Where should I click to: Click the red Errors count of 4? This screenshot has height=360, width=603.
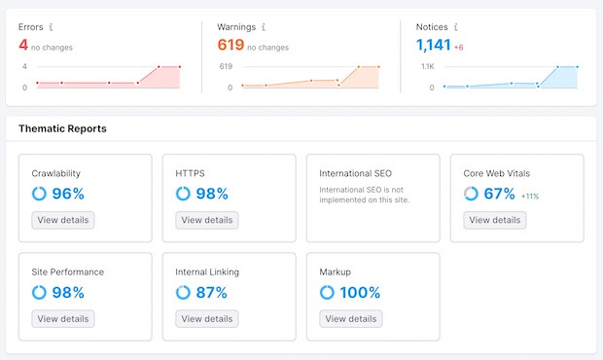coord(23,45)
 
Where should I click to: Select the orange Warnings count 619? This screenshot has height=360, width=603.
coord(230,45)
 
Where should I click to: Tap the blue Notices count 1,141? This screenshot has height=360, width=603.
coord(434,45)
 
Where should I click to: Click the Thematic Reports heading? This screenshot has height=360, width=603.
coord(62,128)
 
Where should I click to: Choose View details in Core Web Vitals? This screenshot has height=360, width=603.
coord(494,220)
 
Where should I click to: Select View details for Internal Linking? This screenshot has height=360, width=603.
coord(206,318)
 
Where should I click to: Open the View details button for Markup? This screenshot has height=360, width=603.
coord(350,318)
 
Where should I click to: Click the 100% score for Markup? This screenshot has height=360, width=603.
coord(360,292)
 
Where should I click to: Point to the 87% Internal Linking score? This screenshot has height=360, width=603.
coord(211,292)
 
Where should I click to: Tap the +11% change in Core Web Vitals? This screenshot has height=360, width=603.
coord(530,196)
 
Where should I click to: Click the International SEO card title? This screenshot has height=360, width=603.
coord(356,174)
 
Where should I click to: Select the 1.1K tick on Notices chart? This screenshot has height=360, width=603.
coord(426,66)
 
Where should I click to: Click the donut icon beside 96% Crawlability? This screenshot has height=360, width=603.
coord(39,194)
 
